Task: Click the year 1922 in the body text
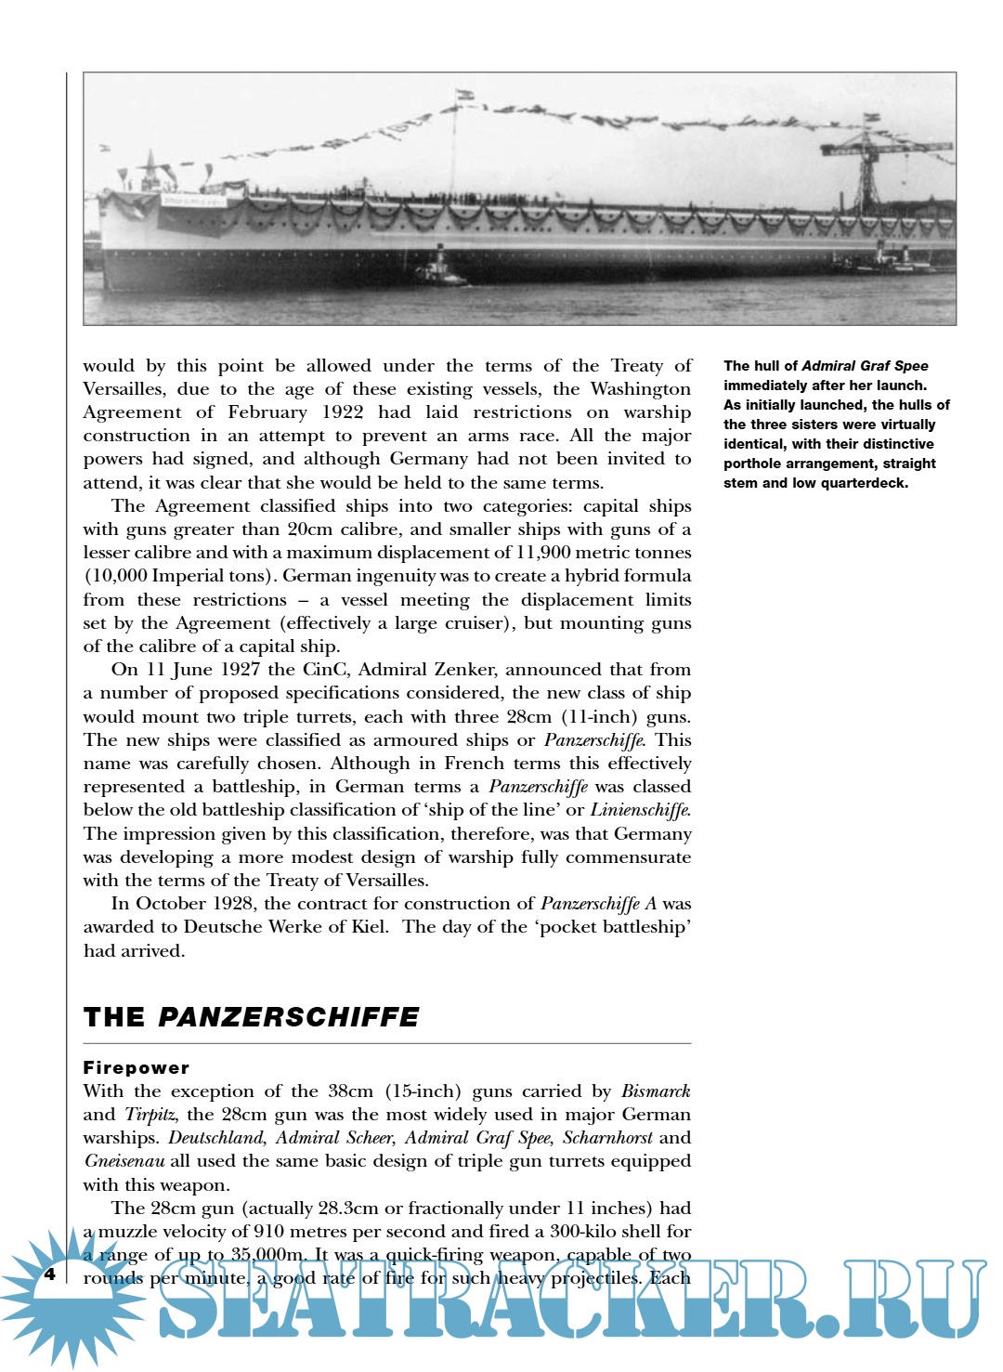point(343,412)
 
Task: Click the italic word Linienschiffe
point(641,810)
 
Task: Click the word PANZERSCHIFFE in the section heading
point(289,1017)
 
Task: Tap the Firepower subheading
point(137,1068)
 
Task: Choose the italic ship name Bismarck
point(656,1091)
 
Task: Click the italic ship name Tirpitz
point(150,1115)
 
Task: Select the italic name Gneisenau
point(124,1161)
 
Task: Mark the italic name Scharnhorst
point(607,1138)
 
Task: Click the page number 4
point(50,1274)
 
